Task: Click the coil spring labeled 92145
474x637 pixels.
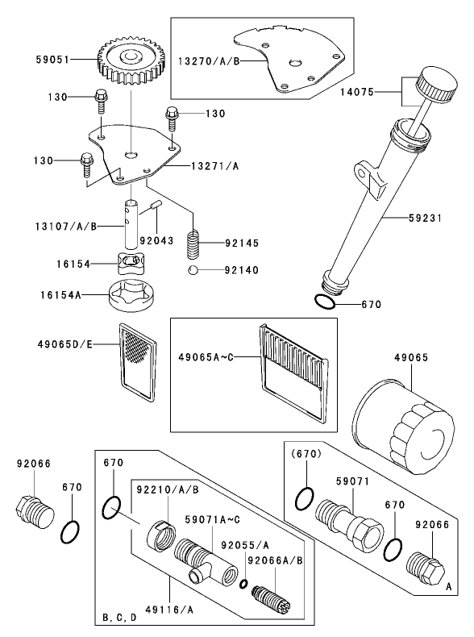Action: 193,241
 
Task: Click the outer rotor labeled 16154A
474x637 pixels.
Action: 131,295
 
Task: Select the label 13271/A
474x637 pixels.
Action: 214,166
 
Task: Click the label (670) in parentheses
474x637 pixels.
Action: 307,454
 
